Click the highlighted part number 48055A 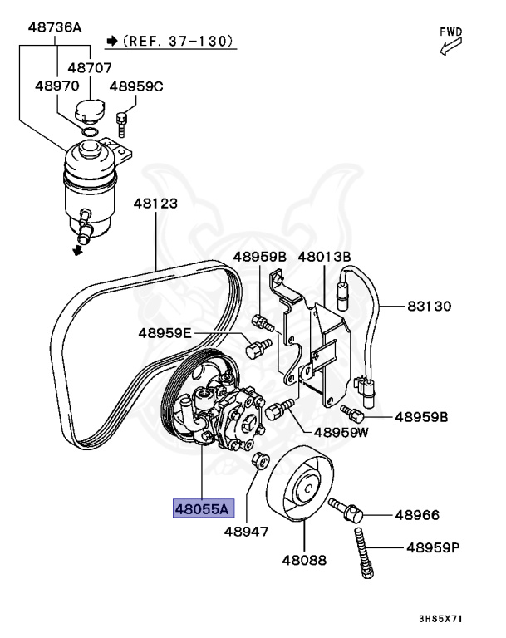click(x=203, y=508)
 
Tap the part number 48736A click(x=55, y=27)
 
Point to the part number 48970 click(x=56, y=86)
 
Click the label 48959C click(x=136, y=86)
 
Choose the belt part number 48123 click(x=155, y=202)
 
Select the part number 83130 click(x=429, y=307)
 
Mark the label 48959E click(x=165, y=334)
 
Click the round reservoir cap click(x=88, y=110)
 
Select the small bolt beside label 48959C click(x=122, y=123)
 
